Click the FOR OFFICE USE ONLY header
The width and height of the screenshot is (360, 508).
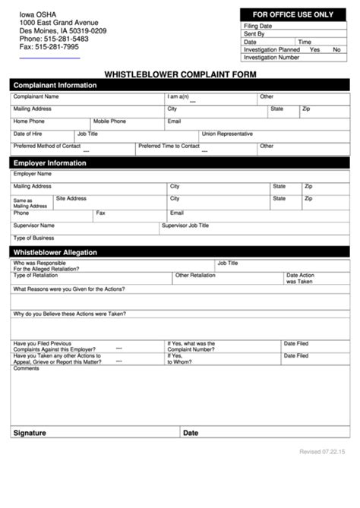293,14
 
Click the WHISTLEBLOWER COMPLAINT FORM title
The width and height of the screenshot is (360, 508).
179,74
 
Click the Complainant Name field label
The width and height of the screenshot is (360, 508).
36,97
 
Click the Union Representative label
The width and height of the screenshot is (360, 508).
227,134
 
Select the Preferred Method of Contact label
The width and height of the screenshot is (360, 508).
46,146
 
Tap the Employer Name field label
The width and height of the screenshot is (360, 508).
33,174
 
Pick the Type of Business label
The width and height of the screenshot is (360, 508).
33,238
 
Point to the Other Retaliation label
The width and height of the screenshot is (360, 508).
196,275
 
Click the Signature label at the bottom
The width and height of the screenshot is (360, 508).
29,433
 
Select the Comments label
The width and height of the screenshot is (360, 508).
26,369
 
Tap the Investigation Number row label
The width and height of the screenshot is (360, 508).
272,57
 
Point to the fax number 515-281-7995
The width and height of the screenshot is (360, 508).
49,47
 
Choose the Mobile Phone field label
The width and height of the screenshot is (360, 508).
110,121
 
